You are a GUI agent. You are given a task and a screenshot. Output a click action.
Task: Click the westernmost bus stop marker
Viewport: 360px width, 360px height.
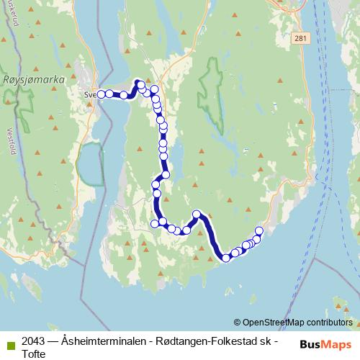tap(101, 94)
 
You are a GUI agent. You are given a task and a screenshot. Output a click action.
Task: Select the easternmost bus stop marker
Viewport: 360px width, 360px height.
tap(259, 230)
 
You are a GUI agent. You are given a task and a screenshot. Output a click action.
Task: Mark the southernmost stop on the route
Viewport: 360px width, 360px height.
tap(226, 258)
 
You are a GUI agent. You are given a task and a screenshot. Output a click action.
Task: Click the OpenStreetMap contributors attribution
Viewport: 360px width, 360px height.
tap(293, 322)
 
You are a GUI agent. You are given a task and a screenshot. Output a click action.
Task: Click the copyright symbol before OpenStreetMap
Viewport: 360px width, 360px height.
tap(238, 322)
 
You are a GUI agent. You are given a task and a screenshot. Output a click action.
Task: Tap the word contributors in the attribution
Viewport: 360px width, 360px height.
tap(329, 322)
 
